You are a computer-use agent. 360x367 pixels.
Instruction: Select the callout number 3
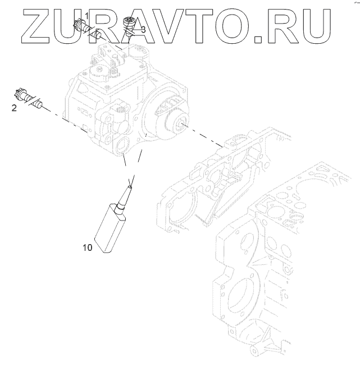click(x=143, y=29)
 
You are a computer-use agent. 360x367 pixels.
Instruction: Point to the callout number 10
click(x=86, y=246)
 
